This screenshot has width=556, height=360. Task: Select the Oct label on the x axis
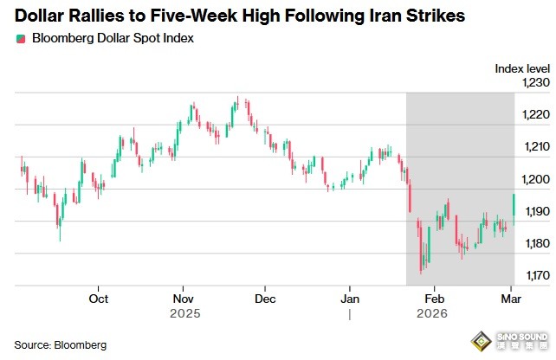click(99, 299)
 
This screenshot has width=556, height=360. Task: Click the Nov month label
click(182, 299)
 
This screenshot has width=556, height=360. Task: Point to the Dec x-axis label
click(265, 299)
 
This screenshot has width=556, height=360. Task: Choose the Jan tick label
click(350, 299)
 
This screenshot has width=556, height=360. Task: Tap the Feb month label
click(434, 299)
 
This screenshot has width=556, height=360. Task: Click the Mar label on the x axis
click(510, 299)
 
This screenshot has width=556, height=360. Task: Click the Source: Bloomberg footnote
click(61, 344)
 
